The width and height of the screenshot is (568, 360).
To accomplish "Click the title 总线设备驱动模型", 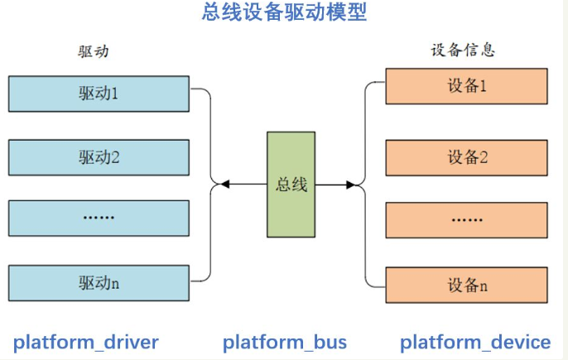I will tap(284, 13).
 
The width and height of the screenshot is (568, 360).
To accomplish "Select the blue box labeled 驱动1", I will tap(99, 93).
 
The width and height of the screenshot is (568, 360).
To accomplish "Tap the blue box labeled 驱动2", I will tap(99, 156).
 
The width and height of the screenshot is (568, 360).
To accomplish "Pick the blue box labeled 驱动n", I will tap(99, 284).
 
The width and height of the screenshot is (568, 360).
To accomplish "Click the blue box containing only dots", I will tap(99, 219).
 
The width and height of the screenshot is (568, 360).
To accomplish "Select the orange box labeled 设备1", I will tap(466, 86).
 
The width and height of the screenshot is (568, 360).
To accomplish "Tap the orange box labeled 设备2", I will tap(466, 157).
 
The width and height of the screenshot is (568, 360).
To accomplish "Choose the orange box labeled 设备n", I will tap(466, 286).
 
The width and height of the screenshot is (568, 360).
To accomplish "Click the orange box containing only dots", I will tap(466, 221).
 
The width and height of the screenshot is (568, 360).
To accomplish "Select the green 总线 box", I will tap(291, 184).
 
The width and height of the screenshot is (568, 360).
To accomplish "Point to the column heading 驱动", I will tap(94, 51).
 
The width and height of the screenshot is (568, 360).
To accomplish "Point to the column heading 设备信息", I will tap(463, 50).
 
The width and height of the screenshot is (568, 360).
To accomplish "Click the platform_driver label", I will tap(85, 342).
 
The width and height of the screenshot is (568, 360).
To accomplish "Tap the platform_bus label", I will tap(285, 342).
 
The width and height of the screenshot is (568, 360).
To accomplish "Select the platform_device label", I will tap(475, 342).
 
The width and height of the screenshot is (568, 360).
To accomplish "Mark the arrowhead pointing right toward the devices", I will tap(357, 184).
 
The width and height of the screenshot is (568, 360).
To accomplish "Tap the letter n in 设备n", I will tap(483, 286).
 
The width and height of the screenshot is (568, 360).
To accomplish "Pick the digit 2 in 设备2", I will tap(483, 157).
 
